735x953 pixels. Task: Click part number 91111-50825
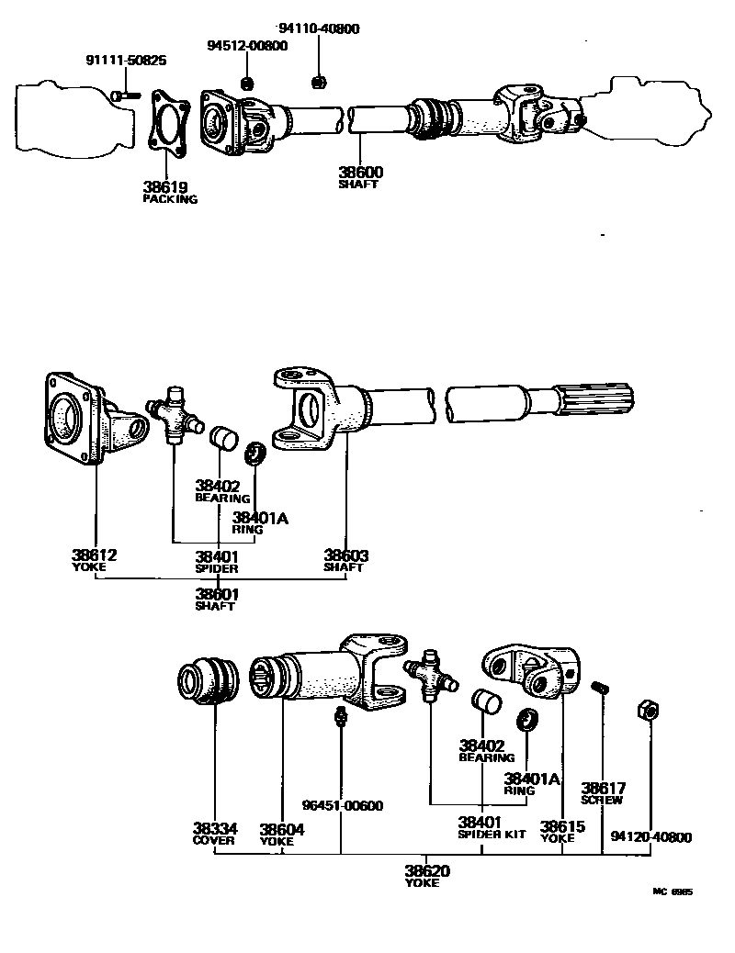point(126,62)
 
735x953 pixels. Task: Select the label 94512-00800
point(246,46)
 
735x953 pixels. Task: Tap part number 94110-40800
point(319,28)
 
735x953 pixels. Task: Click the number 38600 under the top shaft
point(359,172)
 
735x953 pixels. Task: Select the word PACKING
point(170,198)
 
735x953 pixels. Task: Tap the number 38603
point(345,555)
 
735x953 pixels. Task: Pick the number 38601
point(217,594)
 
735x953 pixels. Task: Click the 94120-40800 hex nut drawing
point(647,710)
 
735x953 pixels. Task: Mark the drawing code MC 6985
point(673,891)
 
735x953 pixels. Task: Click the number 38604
point(281,828)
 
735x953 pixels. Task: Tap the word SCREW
point(603,800)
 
